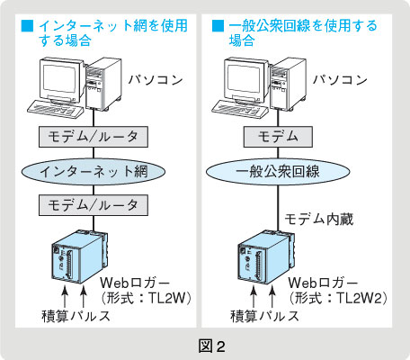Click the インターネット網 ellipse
click(x=94, y=172)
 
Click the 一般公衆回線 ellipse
click(x=278, y=172)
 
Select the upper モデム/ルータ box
click(x=94, y=137)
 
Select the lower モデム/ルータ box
click(x=94, y=205)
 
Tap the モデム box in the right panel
click(x=278, y=137)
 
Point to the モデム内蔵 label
click(x=319, y=220)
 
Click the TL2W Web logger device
click(x=80, y=256)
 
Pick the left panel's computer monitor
click(x=61, y=81)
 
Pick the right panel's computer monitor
click(x=245, y=81)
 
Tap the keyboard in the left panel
click(x=55, y=110)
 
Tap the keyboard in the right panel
click(x=240, y=110)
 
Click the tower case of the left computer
click(x=103, y=84)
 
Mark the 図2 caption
click(x=211, y=346)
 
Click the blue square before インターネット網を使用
click(x=27, y=25)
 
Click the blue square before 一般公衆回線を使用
click(x=218, y=25)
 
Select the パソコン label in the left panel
click(x=156, y=80)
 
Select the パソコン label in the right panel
click(x=340, y=80)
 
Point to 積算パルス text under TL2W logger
click(x=76, y=316)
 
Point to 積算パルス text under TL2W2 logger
click(x=265, y=316)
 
